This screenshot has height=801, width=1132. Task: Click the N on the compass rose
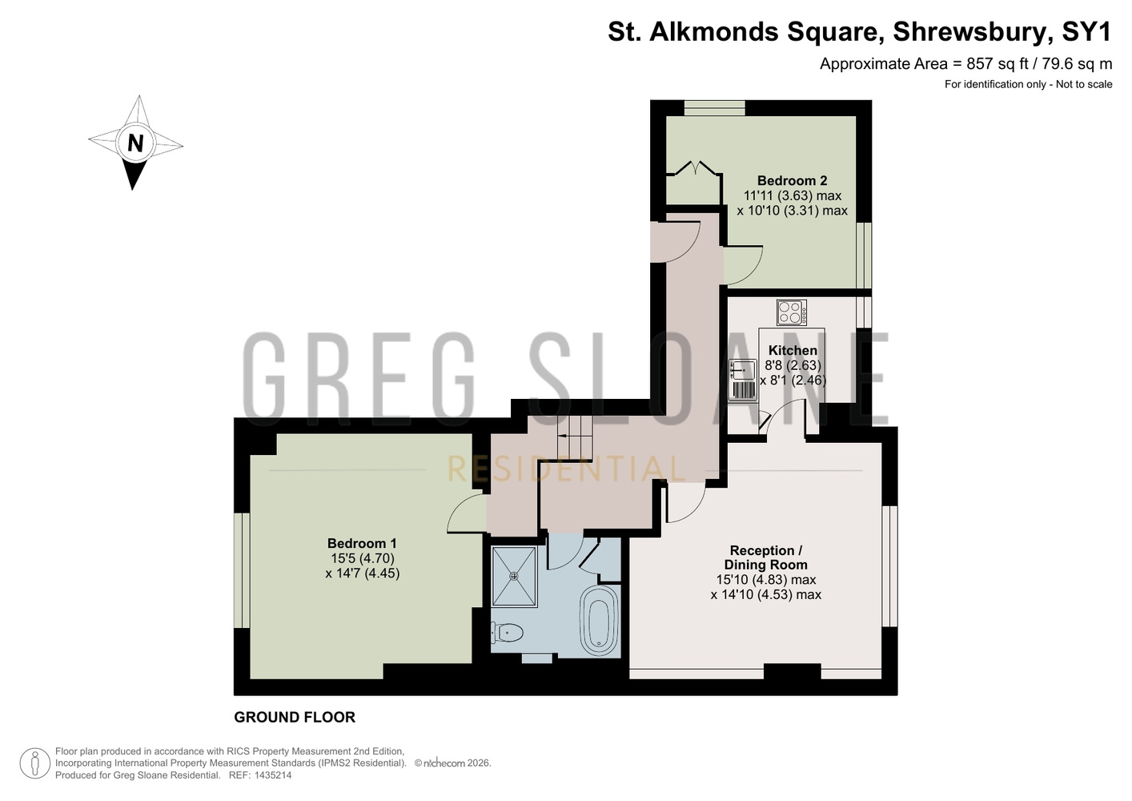pyautogui.click(x=135, y=143)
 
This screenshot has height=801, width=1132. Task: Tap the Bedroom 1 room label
pyautogui.click(x=362, y=544)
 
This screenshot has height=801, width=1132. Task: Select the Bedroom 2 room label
pyautogui.click(x=792, y=180)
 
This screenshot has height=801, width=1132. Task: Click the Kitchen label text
pyautogui.click(x=793, y=350)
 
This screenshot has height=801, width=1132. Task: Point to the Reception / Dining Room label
pyautogui.click(x=765, y=557)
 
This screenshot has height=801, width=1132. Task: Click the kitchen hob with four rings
pyautogui.click(x=792, y=312)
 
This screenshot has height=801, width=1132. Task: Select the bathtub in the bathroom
pyautogui.click(x=599, y=621)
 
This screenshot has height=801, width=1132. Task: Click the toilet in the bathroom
pyautogui.click(x=507, y=633)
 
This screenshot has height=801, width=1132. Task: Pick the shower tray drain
pyautogui.click(x=514, y=576)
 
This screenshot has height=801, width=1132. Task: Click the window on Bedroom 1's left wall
pyautogui.click(x=242, y=571)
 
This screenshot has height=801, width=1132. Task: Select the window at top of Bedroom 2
pyautogui.click(x=715, y=107)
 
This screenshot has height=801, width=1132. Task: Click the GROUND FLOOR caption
pyautogui.click(x=295, y=717)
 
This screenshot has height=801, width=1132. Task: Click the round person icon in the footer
pyautogui.click(x=35, y=763)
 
